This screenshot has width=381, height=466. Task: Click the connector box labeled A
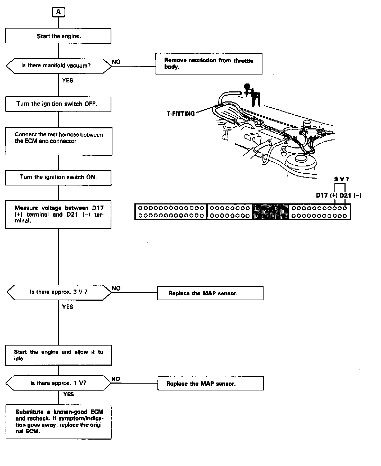(x=58, y=12)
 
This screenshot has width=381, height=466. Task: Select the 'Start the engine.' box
(x=58, y=36)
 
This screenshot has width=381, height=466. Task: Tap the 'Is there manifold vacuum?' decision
(x=59, y=66)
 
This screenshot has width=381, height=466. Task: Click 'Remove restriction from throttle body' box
(x=209, y=64)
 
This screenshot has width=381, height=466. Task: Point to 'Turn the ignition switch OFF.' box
(x=58, y=104)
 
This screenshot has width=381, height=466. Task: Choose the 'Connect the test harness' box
(x=59, y=141)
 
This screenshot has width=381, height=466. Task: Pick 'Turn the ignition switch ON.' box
(x=58, y=178)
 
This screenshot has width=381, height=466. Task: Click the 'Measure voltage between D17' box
(x=58, y=214)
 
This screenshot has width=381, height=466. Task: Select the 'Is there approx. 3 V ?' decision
(x=59, y=292)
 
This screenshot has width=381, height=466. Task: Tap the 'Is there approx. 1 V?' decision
(x=58, y=383)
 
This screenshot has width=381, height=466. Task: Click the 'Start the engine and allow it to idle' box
(x=58, y=355)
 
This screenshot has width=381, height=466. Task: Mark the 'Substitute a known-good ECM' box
(x=58, y=422)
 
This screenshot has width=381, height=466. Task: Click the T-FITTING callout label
(x=181, y=114)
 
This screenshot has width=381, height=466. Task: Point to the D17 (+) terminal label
(x=327, y=196)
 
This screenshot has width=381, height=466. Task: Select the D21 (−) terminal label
(x=350, y=196)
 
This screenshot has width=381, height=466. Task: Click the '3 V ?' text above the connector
(x=341, y=179)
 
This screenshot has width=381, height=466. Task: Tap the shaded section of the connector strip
(x=271, y=212)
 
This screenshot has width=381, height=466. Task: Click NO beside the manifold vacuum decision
(x=116, y=62)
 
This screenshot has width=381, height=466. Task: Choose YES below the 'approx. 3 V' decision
(x=68, y=307)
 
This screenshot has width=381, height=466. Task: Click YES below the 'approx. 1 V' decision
(x=69, y=394)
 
